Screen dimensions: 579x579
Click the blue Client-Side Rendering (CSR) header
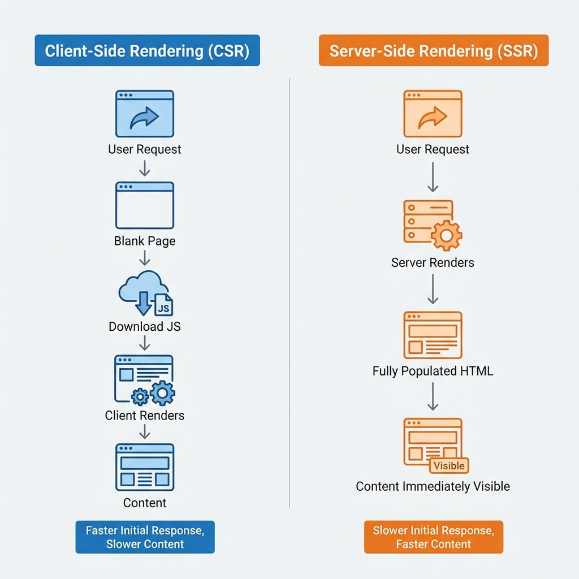coord(147,51)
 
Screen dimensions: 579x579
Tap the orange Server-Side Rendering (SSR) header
coord(433,51)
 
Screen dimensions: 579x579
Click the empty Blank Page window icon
coord(145,205)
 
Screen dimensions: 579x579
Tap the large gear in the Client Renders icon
coord(163,392)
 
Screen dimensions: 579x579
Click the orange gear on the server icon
coord(446,235)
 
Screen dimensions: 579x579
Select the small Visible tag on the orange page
coord(449,465)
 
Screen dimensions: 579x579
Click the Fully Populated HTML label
coord(433,371)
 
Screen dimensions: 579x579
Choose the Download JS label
coord(145,327)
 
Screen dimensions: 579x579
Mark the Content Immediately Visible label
coord(433,486)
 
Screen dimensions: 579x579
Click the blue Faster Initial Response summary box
coord(145,537)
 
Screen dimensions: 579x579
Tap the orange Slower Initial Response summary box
coord(433,537)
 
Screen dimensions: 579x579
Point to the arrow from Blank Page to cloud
coord(145,258)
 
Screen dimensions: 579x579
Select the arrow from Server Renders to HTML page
coord(433,289)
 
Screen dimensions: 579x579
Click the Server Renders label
coord(433,263)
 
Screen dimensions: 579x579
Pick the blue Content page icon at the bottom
coord(145,466)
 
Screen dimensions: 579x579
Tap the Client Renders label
coord(145,416)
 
